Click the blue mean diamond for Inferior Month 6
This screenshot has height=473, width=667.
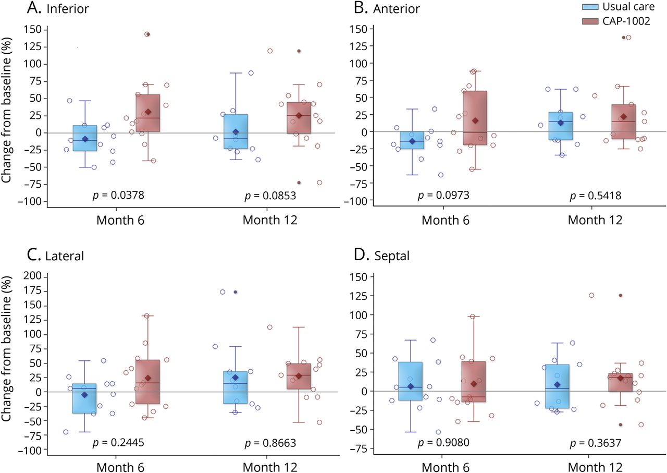(x=85, y=139)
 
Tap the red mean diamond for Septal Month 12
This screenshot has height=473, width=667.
(x=620, y=378)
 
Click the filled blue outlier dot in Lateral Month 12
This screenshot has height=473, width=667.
(x=236, y=292)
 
